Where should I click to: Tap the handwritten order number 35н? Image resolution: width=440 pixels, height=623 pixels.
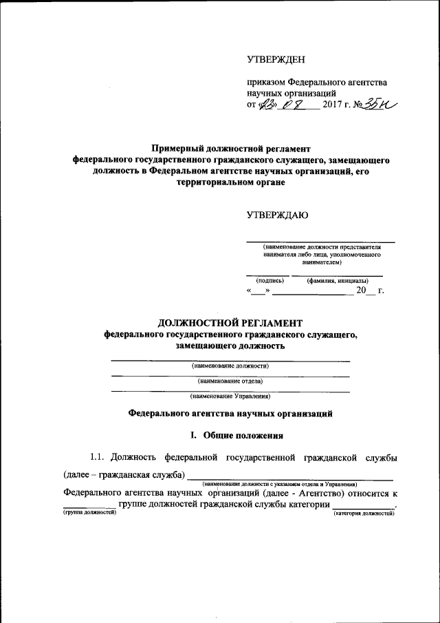click(x=381, y=103)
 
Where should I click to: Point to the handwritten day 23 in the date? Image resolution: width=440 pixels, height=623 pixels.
click(x=266, y=105)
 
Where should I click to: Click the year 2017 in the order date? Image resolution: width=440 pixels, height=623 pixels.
click(x=334, y=105)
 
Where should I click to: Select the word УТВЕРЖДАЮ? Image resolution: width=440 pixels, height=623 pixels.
click(x=277, y=215)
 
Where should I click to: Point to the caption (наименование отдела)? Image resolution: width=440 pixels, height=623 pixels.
click(x=230, y=381)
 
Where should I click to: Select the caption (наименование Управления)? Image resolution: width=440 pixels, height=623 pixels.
click(x=230, y=396)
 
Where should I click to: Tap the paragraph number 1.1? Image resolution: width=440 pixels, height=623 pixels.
click(x=99, y=457)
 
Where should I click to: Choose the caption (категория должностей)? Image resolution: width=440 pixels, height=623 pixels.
click(x=364, y=514)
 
